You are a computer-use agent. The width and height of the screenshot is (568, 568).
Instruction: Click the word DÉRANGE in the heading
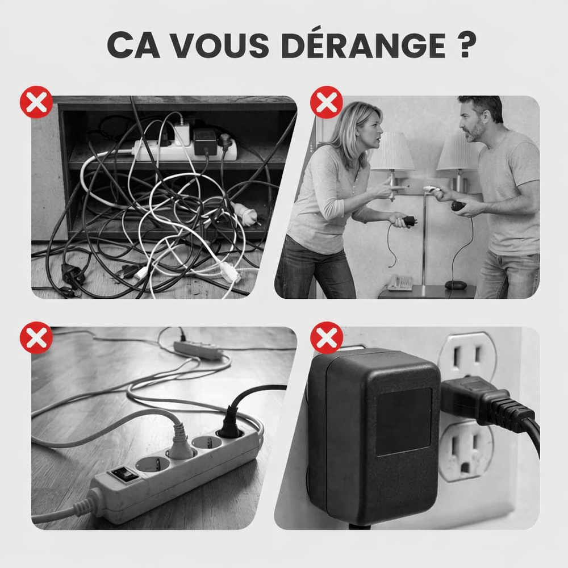pyautogui.click(x=364, y=45)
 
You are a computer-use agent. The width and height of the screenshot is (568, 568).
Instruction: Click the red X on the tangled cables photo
pyautogui.click(x=36, y=102)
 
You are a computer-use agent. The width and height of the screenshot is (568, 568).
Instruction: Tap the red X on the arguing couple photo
pyautogui.click(x=327, y=102)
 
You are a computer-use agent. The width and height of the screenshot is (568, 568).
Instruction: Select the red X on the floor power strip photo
pyautogui.click(x=36, y=337)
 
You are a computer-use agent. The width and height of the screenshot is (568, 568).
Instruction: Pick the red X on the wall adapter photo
pyautogui.click(x=327, y=337)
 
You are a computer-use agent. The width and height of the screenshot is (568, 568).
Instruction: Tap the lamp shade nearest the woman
pyautogui.click(x=392, y=152)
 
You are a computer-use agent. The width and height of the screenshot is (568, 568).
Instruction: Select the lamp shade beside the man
pyautogui.click(x=458, y=152)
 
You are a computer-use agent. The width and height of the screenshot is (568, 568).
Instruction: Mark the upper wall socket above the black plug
pyautogui.click(x=467, y=356)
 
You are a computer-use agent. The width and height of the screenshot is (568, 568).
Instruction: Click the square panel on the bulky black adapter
pyautogui.click(x=403, y=421)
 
